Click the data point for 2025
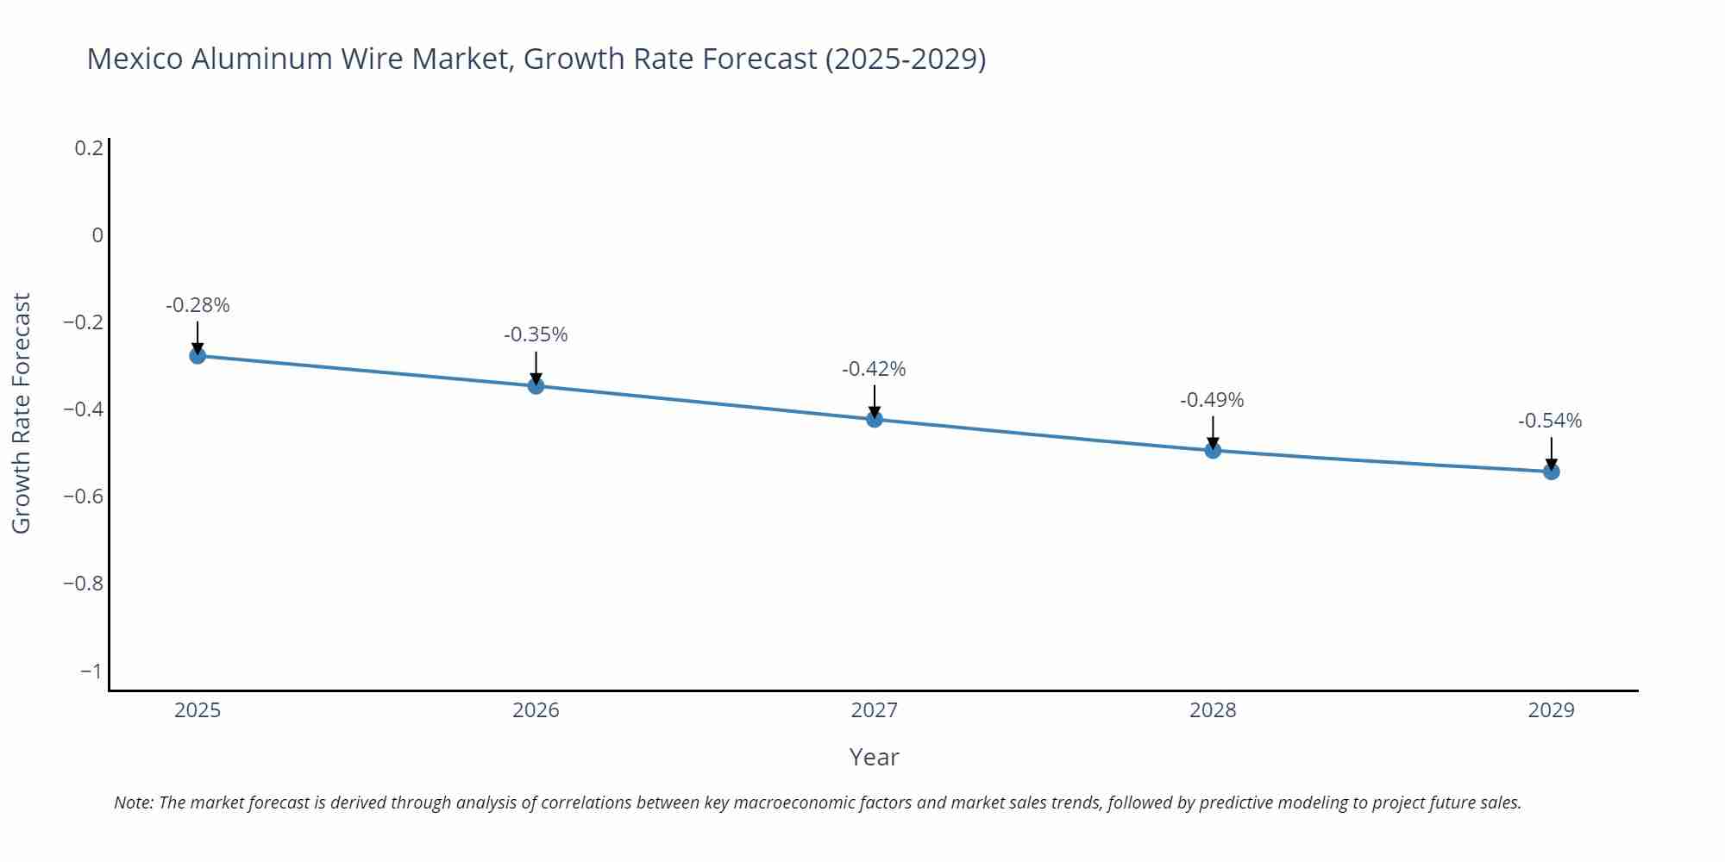point(198,355)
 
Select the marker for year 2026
point(536,385)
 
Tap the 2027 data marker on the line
point(875,419)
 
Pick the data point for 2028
point(1213,450)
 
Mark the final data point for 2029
point(1551,472)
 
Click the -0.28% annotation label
point(198,305)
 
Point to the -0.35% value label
point(536,334)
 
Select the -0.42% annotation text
point(874,369)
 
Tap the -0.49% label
point(1212,400)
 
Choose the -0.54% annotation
point(1550,421)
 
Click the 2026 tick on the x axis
point(536,710)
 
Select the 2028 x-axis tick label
point(1213,710)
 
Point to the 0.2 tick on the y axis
point(89,148)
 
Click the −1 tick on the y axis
point(91,671)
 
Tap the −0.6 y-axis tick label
point(84,497)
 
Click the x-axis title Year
point(874,757)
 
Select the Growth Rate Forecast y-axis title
point(22,413)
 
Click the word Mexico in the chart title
point(135,59)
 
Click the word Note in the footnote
point(133,803)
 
